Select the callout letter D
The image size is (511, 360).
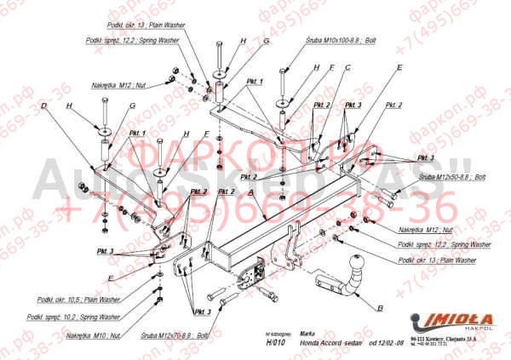tap(43, 106)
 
